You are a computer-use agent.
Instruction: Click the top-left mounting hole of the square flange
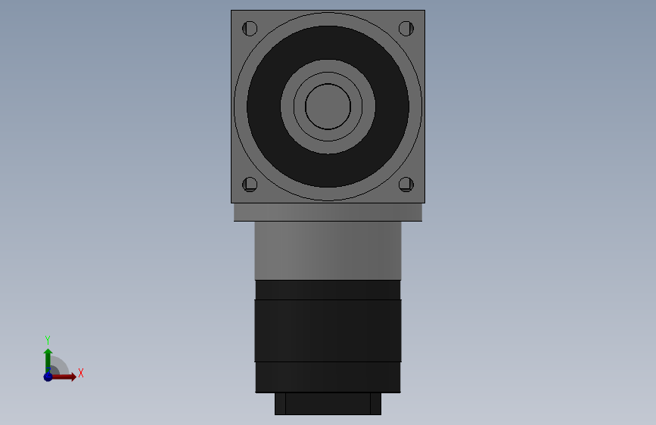click(250, 29)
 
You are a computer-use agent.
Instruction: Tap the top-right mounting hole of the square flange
click(406, 29)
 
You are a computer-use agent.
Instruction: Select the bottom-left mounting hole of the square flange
click(250, 184)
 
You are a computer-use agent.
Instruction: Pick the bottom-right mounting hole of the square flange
click(406, 184)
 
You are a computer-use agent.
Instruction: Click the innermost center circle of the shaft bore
click(328, 106)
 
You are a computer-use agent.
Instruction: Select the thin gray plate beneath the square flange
click(328, 212)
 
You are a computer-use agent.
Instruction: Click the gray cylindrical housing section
click(328, 250)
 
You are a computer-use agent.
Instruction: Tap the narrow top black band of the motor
click(328, 290)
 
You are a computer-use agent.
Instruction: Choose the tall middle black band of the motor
click(328, 330)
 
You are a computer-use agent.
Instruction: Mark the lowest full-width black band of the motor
click(328, 377)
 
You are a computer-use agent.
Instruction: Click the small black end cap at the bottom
click(328, 403)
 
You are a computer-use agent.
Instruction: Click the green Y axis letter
click(48, 340)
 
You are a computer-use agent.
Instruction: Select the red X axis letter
click(80, 373)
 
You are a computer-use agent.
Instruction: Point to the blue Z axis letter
click(48, 370)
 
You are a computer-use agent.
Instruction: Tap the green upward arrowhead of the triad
click(48, 352)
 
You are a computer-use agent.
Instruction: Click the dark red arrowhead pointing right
click(72, 377)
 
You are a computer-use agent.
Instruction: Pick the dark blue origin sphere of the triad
click(48, 377)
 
